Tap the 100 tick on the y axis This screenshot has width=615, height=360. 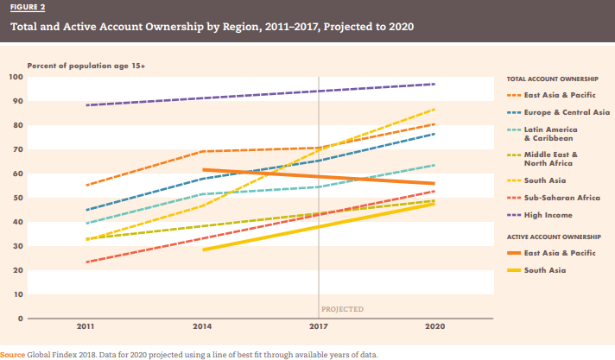point(16,78)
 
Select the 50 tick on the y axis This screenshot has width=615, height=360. point(17,199)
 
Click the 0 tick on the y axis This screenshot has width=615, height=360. point(19,319)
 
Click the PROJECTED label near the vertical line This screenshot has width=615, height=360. point(342,308)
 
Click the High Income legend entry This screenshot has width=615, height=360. point(548,214)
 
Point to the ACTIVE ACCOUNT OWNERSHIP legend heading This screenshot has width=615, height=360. point(554,236)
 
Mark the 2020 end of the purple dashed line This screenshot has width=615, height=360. point(434,84)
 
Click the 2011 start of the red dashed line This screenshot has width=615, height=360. point(86,262)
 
